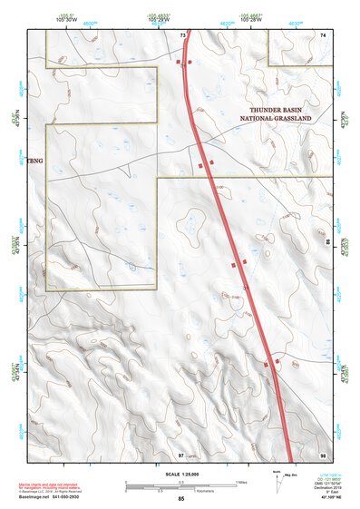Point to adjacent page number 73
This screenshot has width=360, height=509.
tap(182, 35)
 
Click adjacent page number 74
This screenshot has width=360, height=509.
tap(322, 35)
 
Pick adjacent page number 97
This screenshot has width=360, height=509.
tap(181, 454)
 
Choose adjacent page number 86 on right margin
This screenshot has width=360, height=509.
tap(327, 243)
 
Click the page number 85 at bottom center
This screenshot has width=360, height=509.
tap(181, 499)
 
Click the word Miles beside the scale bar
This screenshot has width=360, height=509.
tap(241, 482)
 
